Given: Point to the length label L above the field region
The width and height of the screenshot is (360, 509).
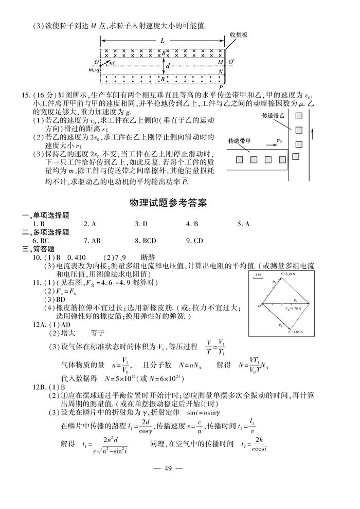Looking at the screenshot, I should [x=162, y=40].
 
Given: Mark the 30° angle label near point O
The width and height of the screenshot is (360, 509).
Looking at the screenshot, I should [x=113, y=64].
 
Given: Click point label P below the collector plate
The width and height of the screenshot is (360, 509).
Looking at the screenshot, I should [x=220, y=87].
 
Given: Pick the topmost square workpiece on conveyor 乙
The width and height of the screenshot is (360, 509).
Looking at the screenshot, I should [x=299, y=116].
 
